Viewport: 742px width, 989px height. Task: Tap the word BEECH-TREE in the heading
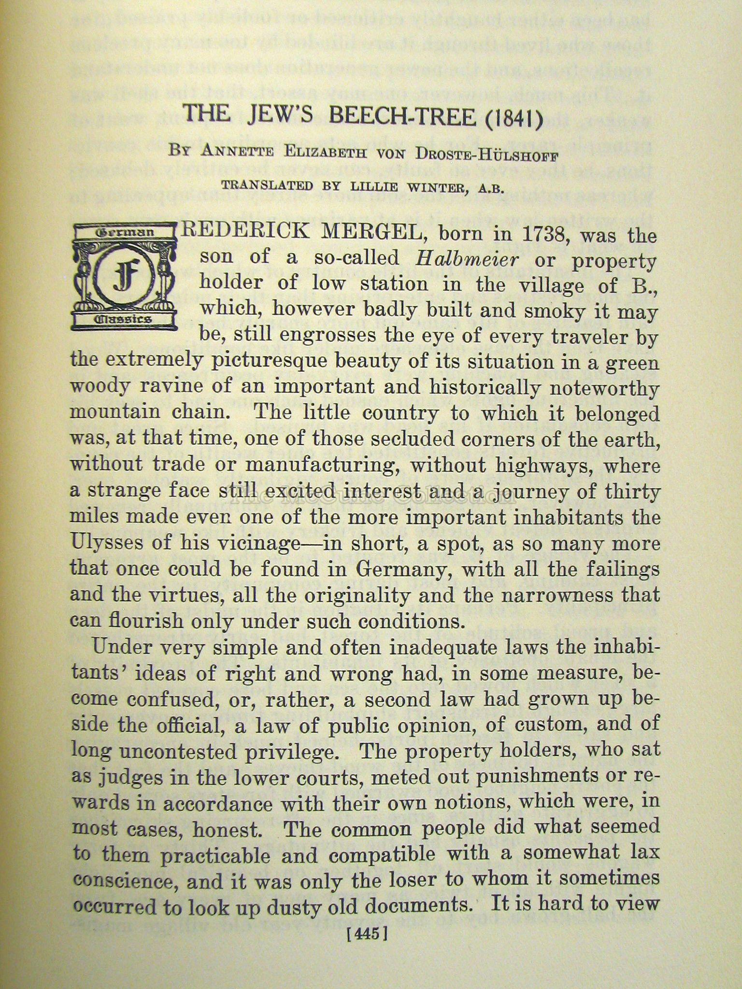point(402,116)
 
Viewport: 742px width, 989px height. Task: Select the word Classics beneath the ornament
point(124,319)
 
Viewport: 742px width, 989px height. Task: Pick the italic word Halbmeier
point(467,260)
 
